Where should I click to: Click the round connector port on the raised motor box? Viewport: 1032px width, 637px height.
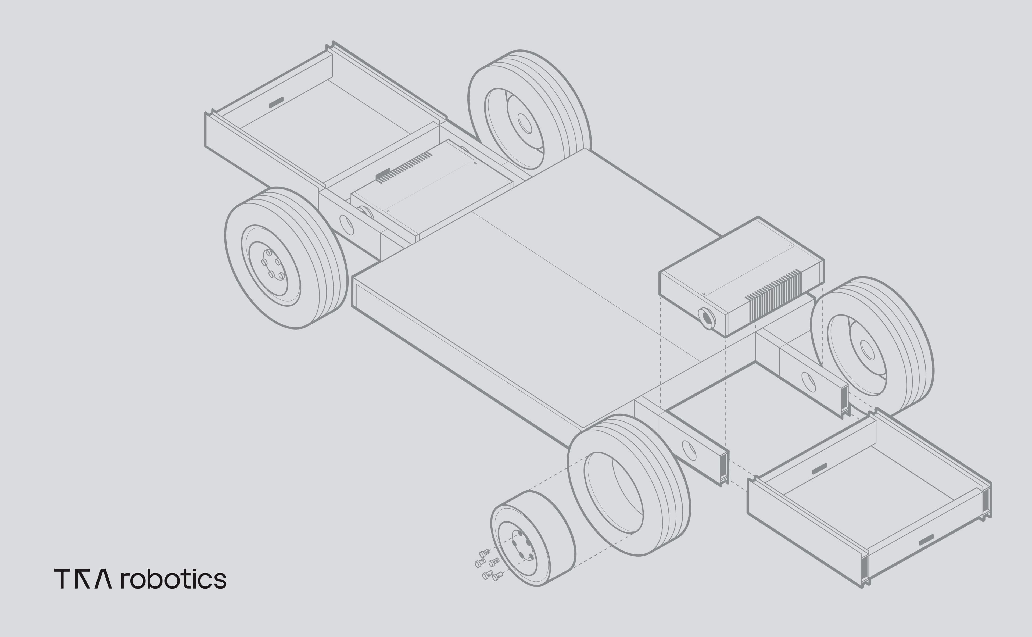coord(706,319)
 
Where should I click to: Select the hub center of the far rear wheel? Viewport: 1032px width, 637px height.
coord(525,123)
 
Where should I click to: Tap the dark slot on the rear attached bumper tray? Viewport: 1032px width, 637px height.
coord(276,102)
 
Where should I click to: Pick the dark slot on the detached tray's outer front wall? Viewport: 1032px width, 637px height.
coord(926,540)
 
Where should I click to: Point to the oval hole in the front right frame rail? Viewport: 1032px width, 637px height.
coord(808,382)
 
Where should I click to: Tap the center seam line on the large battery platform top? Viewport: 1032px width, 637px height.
coord(586,287)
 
